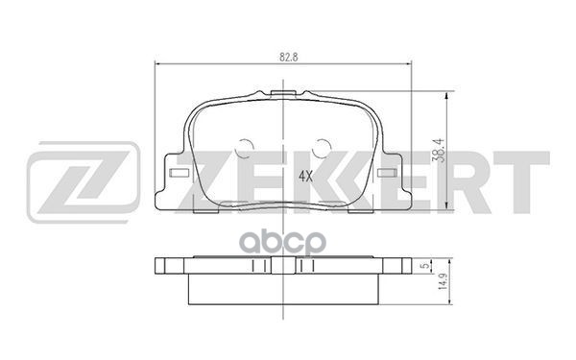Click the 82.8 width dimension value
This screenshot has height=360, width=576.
(x=283, y=58)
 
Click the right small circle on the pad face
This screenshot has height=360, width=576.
(x=324, y=150)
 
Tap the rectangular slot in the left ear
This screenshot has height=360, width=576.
(x=177, y=175)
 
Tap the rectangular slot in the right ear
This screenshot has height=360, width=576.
(x=389, y=175)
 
